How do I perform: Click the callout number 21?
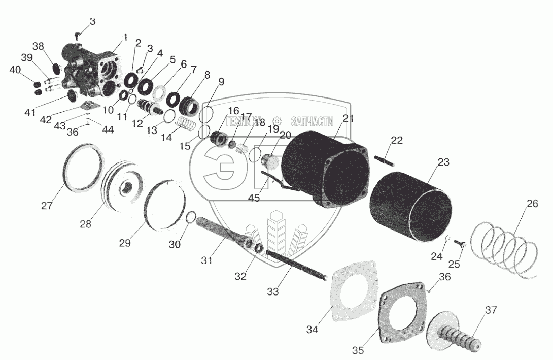(348, 118)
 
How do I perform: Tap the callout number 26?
(532, 204)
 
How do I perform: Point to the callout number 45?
(254, 198)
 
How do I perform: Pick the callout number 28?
(85, 223)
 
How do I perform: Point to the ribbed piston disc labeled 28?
(123, 187)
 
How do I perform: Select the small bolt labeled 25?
(461, 245)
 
